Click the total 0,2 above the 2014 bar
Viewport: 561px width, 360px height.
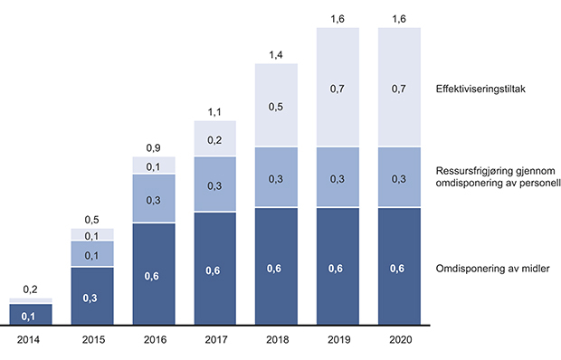click(x=31, y=289)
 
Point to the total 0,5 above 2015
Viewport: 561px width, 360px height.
click(x=92, y=220)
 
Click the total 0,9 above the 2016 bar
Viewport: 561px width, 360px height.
click(x=154, y=148)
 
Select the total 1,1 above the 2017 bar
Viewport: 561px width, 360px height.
click(x=215, y=111)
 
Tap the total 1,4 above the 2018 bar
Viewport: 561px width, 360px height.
click(x=277, y=56)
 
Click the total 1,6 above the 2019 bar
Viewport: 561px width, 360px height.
click(x=338, y=18)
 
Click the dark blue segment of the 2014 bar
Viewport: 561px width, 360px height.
click(x=31, y=314)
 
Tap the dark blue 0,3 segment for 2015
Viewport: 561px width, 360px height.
click(x=92, y=296)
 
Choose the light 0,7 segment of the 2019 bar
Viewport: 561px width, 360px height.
click(x=338, y=87)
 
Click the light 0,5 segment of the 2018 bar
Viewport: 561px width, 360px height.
click(x=277, y=106)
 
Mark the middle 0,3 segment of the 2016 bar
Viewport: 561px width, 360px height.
click(x=154, y=198)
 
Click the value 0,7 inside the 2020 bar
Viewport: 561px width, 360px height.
click(x=399, y=87)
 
